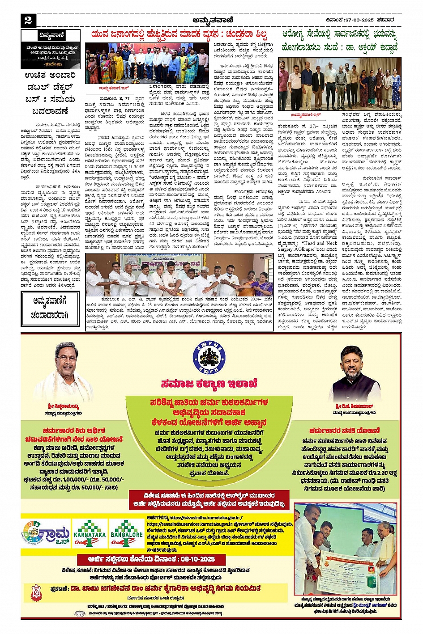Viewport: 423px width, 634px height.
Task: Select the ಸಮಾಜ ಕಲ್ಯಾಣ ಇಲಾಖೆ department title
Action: [209, 384]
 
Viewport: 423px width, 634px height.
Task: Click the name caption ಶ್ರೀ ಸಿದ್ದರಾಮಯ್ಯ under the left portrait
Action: [63, 406]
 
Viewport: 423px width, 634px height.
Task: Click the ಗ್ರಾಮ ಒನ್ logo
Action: [47, 535]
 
